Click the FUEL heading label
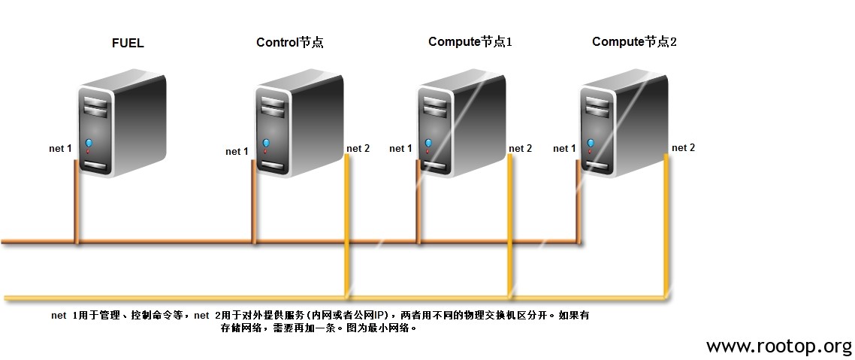tap(128, 43)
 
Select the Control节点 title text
tap(289, 43)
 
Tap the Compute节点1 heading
tap(470, 42)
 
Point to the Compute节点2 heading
tap(634, 42)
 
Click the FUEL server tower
tap(122, 126)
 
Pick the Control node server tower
tap(299, 126)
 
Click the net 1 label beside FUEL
tap(61, 148)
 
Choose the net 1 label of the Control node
tap(237, 152)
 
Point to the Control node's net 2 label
tap(358, 148)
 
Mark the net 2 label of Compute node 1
tap(520, 148)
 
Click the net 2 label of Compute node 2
tap(684, 148)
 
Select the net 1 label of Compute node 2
tap(564, 148)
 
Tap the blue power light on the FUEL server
tap(89, 143)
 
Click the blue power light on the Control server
tap(265, 143)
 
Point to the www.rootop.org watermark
tap(778, 346)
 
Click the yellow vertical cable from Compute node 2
tap(666, 225)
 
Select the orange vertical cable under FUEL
tap(77, 202)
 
